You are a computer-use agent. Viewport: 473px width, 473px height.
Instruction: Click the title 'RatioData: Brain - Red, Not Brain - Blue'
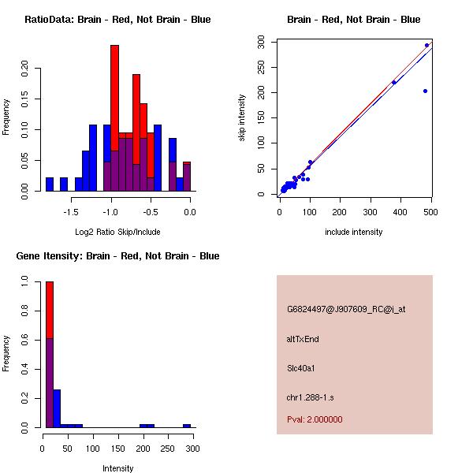(x=117, y=20)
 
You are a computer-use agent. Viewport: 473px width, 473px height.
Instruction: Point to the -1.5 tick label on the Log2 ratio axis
(x=71, y=211)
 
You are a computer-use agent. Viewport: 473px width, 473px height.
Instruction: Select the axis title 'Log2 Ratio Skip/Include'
(x=117, y=232)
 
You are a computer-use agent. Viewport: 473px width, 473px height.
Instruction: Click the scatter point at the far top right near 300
(x=426, y=46)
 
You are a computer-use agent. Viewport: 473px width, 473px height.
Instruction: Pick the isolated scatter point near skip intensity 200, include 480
(x=425, y=91)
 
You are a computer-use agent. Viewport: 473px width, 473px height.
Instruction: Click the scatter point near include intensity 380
(x=393, y=82)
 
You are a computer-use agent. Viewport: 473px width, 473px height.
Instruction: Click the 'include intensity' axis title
(x=354, y=232)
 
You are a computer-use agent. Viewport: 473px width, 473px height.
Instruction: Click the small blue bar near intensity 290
(x=187, y=426)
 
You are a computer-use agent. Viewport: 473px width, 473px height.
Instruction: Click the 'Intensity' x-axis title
(x=117, y=468)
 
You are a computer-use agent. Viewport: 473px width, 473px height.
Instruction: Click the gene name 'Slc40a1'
(x=300, y=368)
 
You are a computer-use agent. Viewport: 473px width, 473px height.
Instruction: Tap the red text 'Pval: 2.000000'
(x=315, y=419)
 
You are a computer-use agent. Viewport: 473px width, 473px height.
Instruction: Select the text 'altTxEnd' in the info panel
(x=303, y=340)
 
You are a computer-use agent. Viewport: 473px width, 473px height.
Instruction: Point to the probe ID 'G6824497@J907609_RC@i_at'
(x=345, y=310)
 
